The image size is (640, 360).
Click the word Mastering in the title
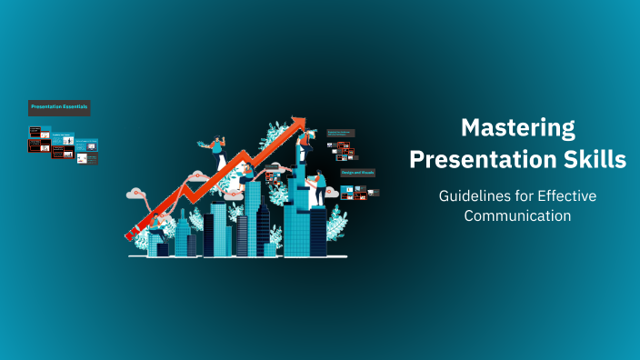point(517,127)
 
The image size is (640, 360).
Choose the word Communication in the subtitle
point(517,215)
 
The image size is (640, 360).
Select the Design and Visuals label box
point(357,171)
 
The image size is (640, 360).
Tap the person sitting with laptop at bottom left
point(157,225)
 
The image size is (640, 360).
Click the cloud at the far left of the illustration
point(138,193)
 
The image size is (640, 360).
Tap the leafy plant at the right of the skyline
point(335,221)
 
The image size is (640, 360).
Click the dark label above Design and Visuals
point(339,133)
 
